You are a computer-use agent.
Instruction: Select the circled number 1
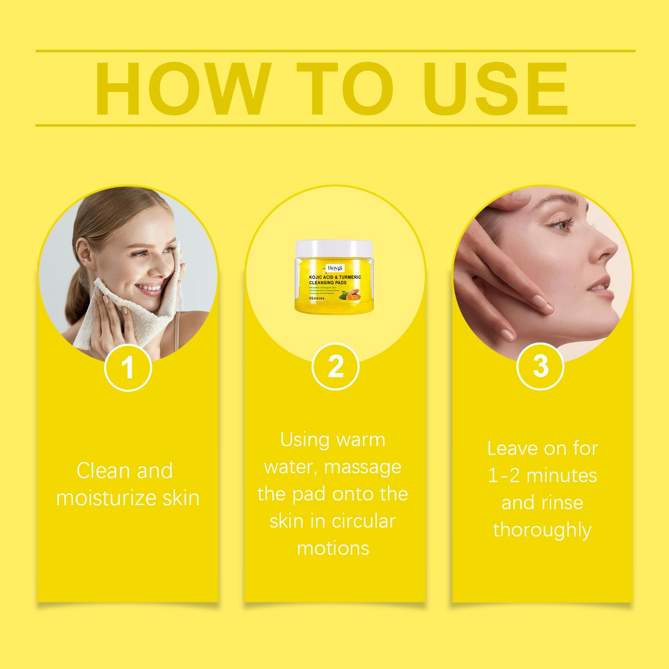click(128, 368)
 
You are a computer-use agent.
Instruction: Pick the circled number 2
click(335, 367)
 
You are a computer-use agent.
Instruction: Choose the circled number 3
click(540, 366)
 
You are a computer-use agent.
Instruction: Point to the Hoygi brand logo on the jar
click(335, 268)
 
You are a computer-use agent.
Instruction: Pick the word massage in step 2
click(363, 467)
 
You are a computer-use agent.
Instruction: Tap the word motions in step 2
click(333, 548)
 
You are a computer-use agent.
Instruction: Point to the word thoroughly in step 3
click(542, 530)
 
